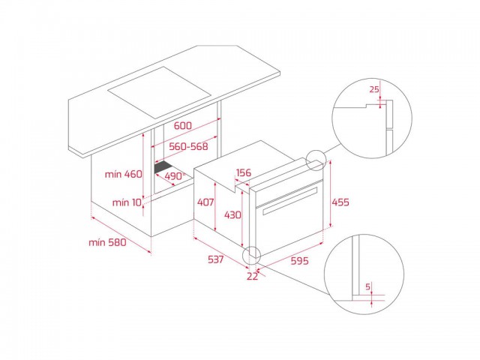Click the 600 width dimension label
[183, 125]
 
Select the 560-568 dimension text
[188, 146]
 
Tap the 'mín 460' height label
[123, 174]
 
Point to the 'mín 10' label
[127, 202]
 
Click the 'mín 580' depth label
[107, 242]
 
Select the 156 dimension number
[244, 172]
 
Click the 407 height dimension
[205, 202]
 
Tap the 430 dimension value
[232, 215]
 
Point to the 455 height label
[340, 202]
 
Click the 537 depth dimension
[216, 259]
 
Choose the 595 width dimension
[299, 261]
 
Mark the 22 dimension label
[252, 276]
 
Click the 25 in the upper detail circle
[374, 89]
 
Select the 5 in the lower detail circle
[368, 286]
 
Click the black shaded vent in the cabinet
[163, 167]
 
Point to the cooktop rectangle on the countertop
[160, 93]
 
